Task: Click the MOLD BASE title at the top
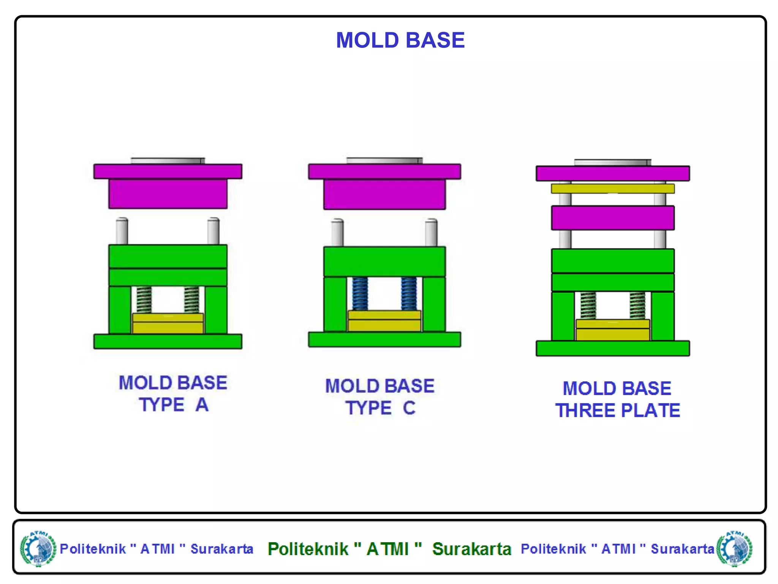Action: pos(400,40)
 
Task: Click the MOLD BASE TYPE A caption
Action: pos(173,394)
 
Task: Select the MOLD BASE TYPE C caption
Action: pos(380,397)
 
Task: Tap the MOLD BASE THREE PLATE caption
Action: pos(617,400)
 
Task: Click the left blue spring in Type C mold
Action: pos(360,293)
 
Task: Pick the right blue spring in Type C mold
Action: pos(409,293)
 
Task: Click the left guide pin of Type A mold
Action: pos(122,231)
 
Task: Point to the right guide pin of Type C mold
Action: pos(431,232)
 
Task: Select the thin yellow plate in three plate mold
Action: pos(612,189)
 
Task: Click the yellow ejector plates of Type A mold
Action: pos(168,324)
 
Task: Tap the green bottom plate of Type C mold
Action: pos(384,340)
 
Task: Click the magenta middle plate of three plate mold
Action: pos(612,218)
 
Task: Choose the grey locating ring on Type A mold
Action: pos(168,161)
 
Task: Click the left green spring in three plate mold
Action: pos(588,305)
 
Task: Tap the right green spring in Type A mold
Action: pos(191,300)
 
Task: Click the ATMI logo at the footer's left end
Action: pos(38,549)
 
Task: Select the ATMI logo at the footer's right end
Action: pos(734,549)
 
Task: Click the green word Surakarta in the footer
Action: pos(471,549)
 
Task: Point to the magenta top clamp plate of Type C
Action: pos(384,171)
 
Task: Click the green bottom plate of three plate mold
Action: pos(612,348)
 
